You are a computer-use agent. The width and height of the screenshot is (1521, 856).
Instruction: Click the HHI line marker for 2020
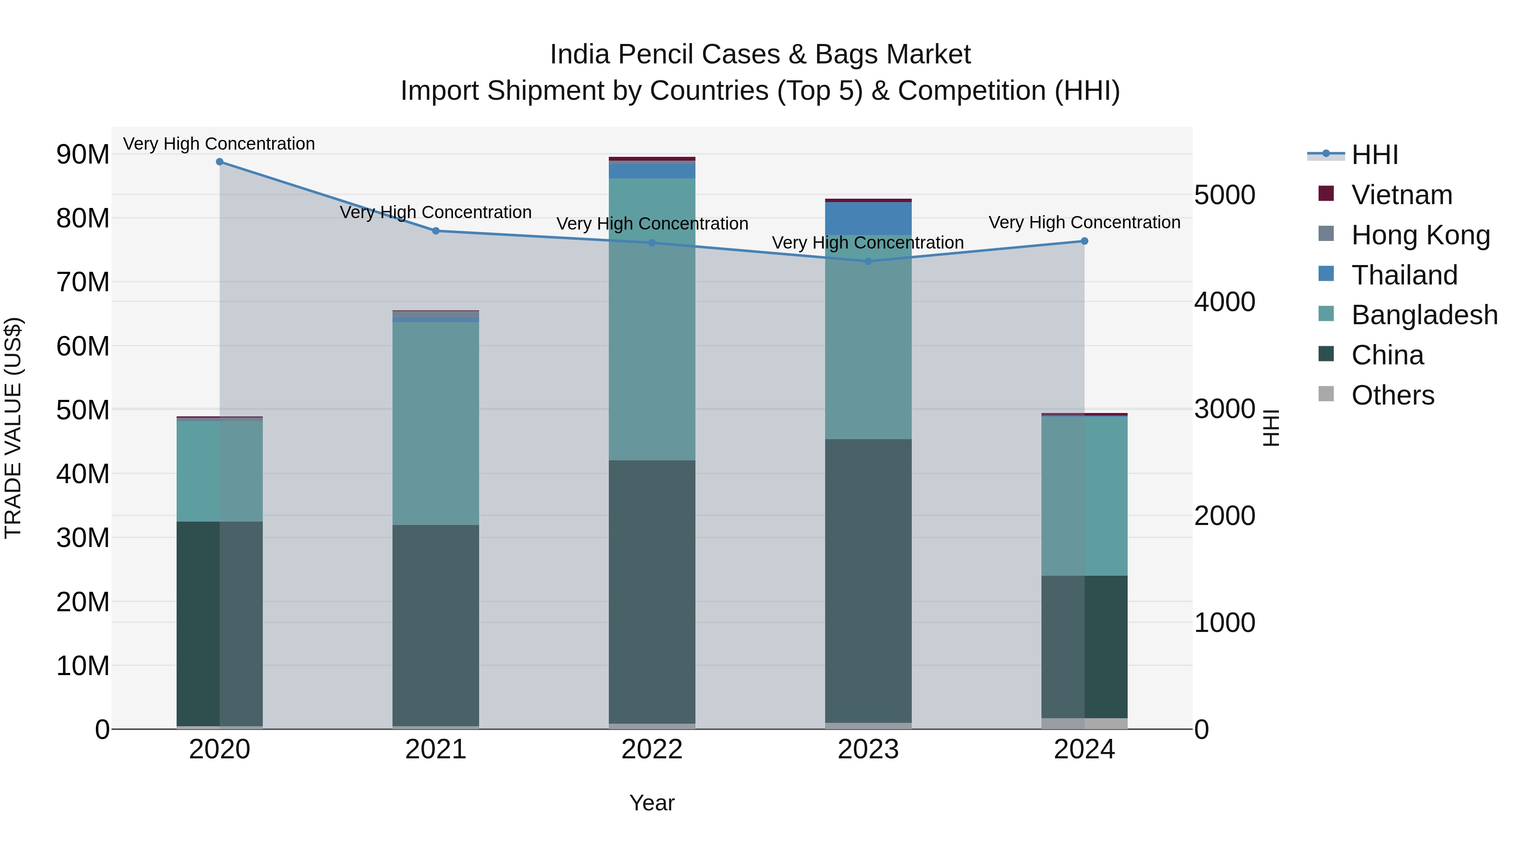(220, 162)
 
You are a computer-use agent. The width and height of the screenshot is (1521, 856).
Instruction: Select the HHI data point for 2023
(868, 261)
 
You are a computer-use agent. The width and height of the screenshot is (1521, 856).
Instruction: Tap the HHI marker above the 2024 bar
(1084, 241)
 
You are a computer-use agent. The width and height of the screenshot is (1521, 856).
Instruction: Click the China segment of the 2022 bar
(652, 591)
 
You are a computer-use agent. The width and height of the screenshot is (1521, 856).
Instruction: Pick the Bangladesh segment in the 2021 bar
(436, 422)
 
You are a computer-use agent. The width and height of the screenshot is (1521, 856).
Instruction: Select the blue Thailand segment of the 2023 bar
(868, 219)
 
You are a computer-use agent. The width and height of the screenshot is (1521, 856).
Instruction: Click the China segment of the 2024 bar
(1084, 647)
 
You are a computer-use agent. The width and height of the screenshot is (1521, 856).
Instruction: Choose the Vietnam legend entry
(1401, 195)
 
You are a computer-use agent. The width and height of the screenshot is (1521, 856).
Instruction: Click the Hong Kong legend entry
(1420, 235)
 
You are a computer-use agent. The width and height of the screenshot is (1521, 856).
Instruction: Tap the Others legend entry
(1392, 395)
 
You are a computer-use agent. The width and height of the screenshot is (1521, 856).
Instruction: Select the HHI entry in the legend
(1374, 155)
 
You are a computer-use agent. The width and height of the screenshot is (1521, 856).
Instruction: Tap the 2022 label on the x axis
(652, 749)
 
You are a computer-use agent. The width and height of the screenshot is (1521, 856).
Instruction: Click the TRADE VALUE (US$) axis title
(14, 428)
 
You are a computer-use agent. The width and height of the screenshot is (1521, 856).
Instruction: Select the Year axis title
(652, 803)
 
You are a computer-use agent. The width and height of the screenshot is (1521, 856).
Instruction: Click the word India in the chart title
(579, 55)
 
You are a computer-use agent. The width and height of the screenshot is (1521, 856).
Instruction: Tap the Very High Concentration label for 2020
(219, 144)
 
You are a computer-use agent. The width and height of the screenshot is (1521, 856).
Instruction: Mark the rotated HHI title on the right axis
(1270, 428)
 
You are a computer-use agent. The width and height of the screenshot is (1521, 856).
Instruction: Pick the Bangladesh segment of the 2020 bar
(220, 471)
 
